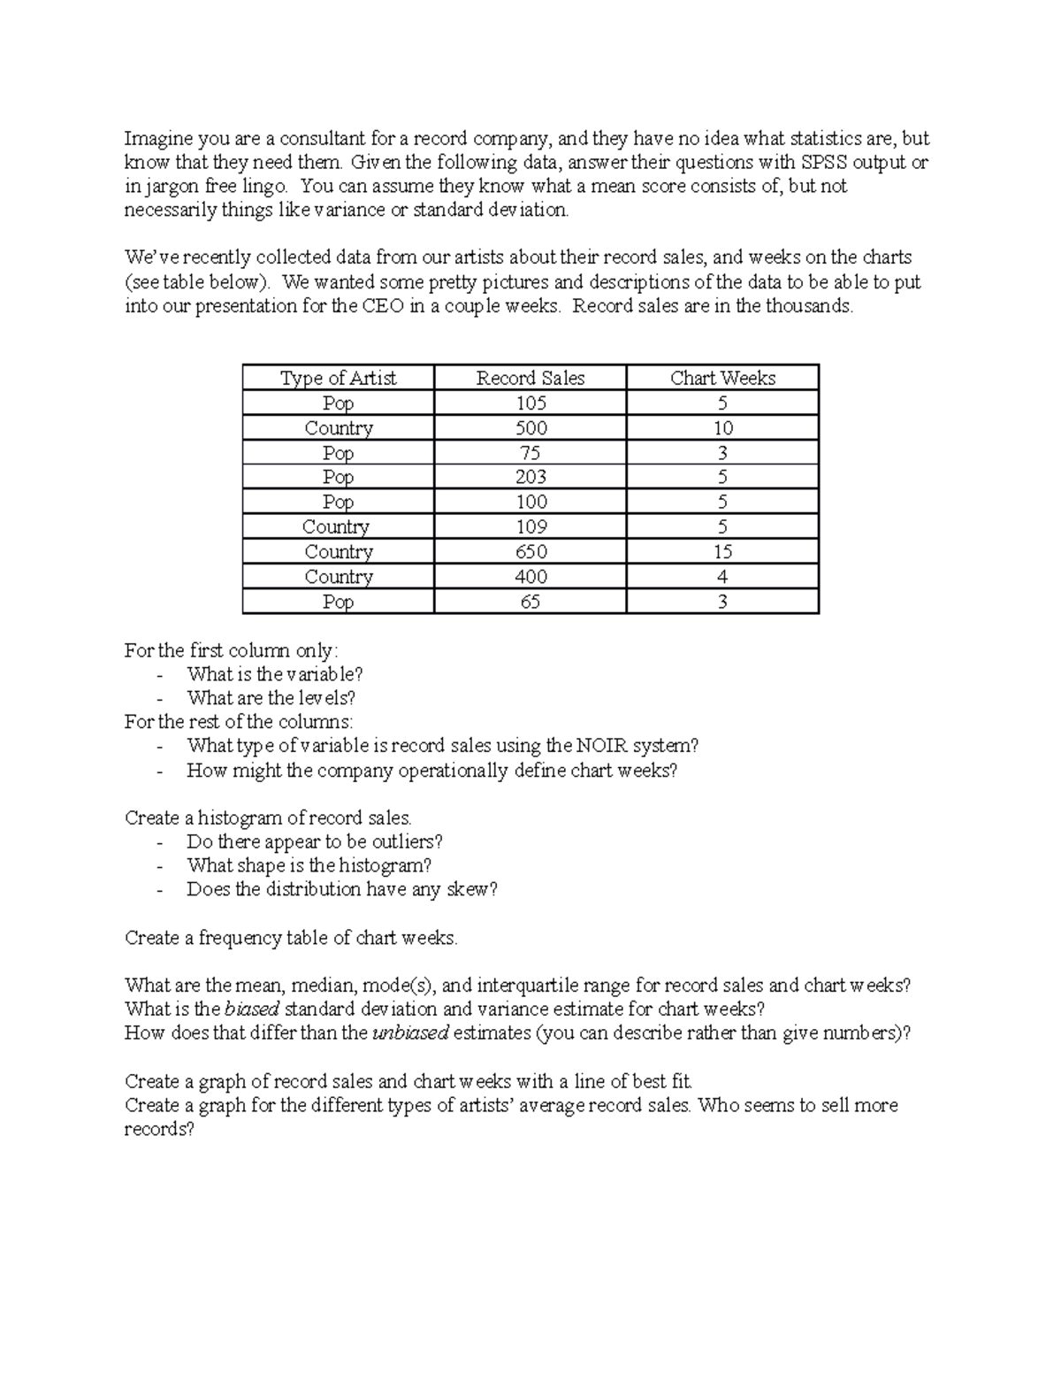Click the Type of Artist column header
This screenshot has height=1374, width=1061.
click(x=339, y=378)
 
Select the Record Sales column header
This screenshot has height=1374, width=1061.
click(x=530, y=378)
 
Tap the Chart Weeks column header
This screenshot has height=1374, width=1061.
click(x=722, y=378)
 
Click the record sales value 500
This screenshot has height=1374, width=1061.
click(x=530, y=428)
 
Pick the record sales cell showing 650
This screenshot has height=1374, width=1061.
click(x=530, y=552)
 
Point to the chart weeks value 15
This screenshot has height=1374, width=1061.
click(x=722, y=552)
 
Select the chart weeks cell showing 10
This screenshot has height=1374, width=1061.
click(x=722, y=428)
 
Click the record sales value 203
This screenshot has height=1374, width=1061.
click(x=530, y=477)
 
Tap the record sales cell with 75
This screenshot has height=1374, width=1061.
click(x=530, y=453)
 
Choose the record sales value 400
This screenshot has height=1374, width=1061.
click(x=530, y=577)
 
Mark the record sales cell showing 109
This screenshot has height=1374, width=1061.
click(x=530, y=527)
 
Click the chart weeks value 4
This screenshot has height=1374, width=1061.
click(x=722, y=577)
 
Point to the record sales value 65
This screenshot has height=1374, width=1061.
click(x=530, y=602)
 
